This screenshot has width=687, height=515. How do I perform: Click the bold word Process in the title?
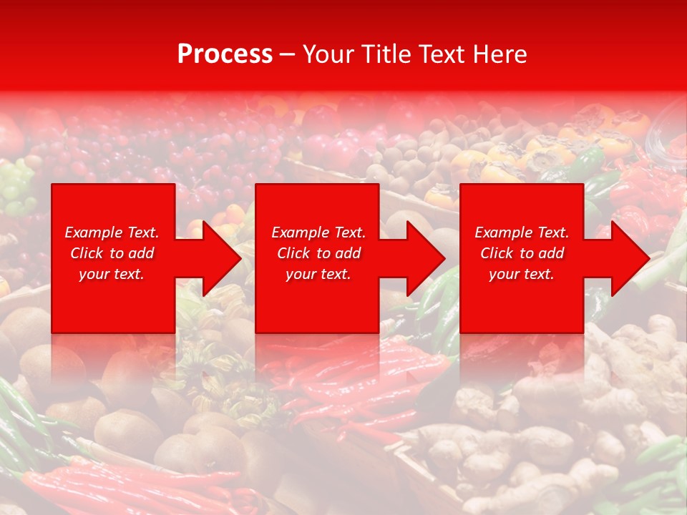(225, 54)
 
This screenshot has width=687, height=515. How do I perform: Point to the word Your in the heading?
(328, 54)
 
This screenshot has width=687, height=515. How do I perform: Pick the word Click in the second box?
(293, 253)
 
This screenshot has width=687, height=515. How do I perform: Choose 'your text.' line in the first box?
(112, 274)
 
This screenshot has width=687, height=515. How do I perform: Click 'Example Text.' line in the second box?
(318, 232)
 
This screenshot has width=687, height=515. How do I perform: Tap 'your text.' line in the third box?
(521, 274)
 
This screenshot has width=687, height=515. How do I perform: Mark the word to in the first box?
(117, 253)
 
